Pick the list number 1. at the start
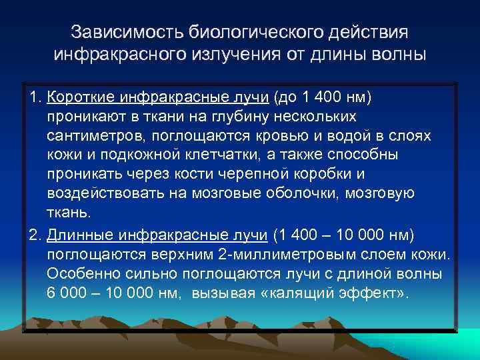pos(35,98)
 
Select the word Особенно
pos(79,274)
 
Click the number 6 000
pos(69,293)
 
